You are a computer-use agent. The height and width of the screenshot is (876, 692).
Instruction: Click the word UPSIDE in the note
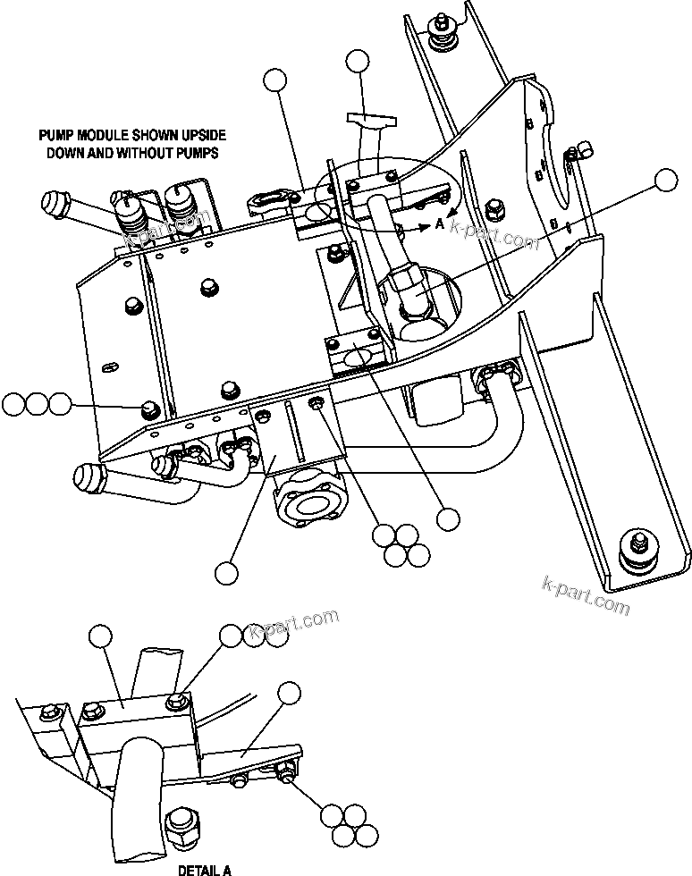click(198, 135)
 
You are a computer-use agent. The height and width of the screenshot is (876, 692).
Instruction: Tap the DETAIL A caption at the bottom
click(204, 869)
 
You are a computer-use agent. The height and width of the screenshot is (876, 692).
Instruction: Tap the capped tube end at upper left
click(56, 204)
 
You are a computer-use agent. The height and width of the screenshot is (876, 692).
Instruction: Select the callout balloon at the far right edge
click(666, 180)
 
